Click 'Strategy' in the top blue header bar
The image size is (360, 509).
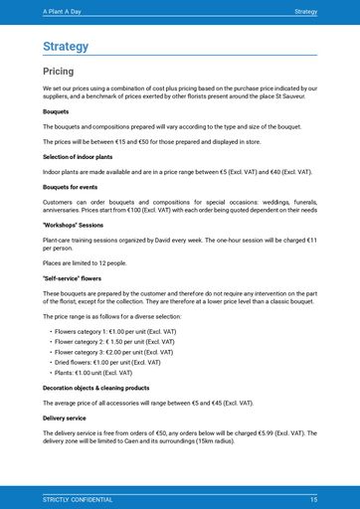point(305,10)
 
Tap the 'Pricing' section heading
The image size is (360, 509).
point(58,72)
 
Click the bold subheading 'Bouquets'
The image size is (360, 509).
point(56,111)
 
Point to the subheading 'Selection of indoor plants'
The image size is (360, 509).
point(77,157)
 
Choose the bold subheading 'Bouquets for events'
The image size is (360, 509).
point(69,187)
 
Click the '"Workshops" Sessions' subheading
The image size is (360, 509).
point(73,225)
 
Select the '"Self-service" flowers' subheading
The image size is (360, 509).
point(73,278)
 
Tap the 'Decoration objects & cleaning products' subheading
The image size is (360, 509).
point(95,387)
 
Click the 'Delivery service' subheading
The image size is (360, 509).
point(65,418)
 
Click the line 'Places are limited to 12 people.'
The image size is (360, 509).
point(85,262)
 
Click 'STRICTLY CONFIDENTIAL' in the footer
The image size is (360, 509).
point(77,498)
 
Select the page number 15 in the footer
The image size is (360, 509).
point(313,498)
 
